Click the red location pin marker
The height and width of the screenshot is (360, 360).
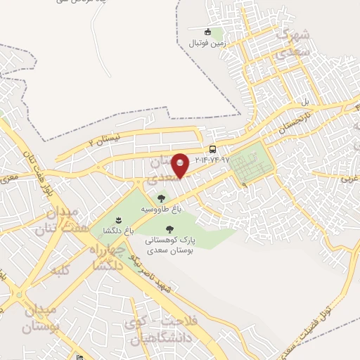click(181, 165)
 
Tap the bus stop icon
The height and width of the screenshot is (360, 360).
click(212, 149)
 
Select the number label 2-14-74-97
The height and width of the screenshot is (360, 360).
click(209, 160)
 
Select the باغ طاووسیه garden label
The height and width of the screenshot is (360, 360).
click(162, 210)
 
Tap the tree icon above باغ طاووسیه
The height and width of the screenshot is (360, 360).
click(162, 198)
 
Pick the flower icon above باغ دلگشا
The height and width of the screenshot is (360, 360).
click(117, 219)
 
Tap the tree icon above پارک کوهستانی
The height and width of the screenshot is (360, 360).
click(169, 229)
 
